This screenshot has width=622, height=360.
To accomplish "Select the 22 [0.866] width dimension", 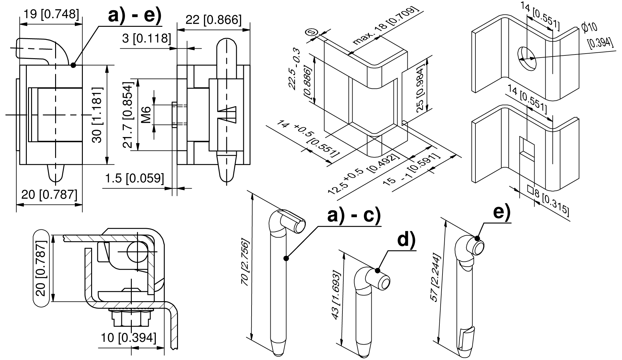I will point(213,20).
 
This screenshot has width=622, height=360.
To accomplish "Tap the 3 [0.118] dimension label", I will point(146,38).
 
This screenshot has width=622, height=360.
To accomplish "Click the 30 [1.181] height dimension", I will point(98,115).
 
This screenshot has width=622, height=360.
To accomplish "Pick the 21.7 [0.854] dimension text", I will point(127,115).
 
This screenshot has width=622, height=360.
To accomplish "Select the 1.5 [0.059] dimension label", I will point(134,179).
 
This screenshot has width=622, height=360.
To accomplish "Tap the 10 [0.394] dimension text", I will point(128,338).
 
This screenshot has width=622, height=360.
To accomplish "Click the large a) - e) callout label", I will point(135,14).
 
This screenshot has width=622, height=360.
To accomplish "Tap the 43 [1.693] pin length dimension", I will point(337,296).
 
